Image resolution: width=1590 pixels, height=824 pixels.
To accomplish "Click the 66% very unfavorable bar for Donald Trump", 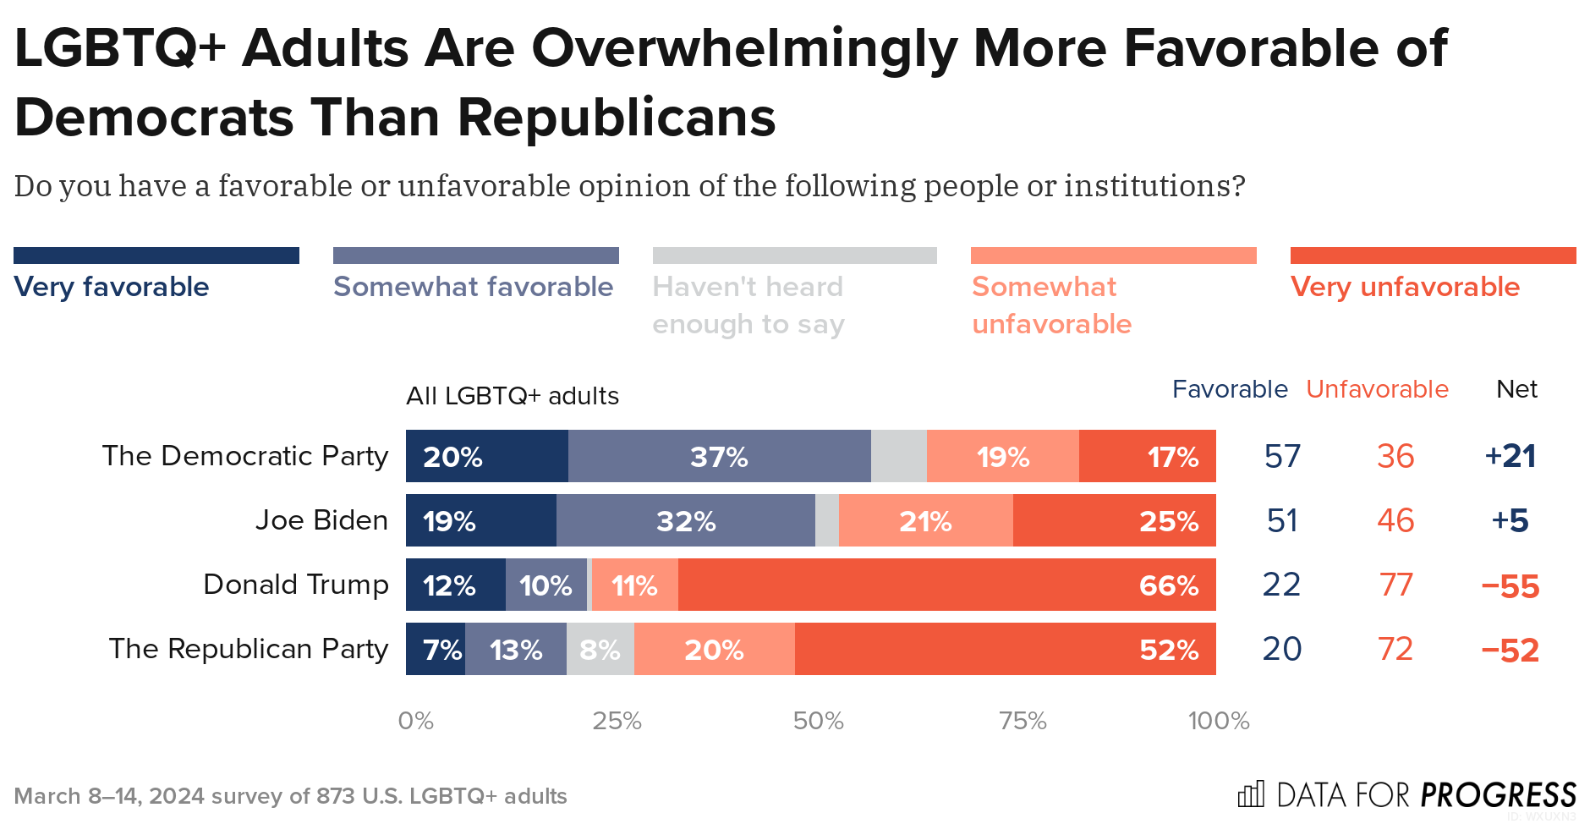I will coord(946,585).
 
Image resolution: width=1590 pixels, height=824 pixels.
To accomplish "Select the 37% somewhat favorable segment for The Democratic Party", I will coord(719,456).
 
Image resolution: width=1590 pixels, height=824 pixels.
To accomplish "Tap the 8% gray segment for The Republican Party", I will coord(600,649).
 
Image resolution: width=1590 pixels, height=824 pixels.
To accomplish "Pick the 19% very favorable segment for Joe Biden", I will coord(480,520).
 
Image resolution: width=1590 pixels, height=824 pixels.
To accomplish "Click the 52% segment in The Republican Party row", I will coord(1005,649).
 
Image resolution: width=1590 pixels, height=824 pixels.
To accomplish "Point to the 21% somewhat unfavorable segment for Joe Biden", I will coord(925,520).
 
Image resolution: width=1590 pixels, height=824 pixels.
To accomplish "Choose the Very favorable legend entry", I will coord(112,287).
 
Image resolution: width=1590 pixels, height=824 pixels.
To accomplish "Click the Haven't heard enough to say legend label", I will coord(748,305).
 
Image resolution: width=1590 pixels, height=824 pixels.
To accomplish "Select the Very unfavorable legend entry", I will coord(1405,287).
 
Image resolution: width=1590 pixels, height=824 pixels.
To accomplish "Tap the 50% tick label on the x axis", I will coord(818,721).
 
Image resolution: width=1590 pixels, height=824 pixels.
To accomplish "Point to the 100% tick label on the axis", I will coord(1218,721).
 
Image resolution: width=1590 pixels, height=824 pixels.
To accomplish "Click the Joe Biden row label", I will coord(321,520).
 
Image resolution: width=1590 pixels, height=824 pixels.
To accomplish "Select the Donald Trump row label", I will coord(296,585).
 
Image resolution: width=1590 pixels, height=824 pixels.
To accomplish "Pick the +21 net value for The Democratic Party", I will coord(1510,456).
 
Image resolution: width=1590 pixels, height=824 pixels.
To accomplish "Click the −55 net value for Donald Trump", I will coord(1510,585).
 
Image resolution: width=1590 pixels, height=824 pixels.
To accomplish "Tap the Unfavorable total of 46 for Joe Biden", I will coord(1395,520).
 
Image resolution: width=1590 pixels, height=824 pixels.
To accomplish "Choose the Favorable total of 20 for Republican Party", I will coord(1281,649).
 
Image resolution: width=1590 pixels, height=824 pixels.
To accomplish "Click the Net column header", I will coord(1516,389).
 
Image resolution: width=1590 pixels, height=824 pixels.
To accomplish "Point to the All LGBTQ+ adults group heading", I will coord(513,396).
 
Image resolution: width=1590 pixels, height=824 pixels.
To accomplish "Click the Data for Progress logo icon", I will coord(1251,794).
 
